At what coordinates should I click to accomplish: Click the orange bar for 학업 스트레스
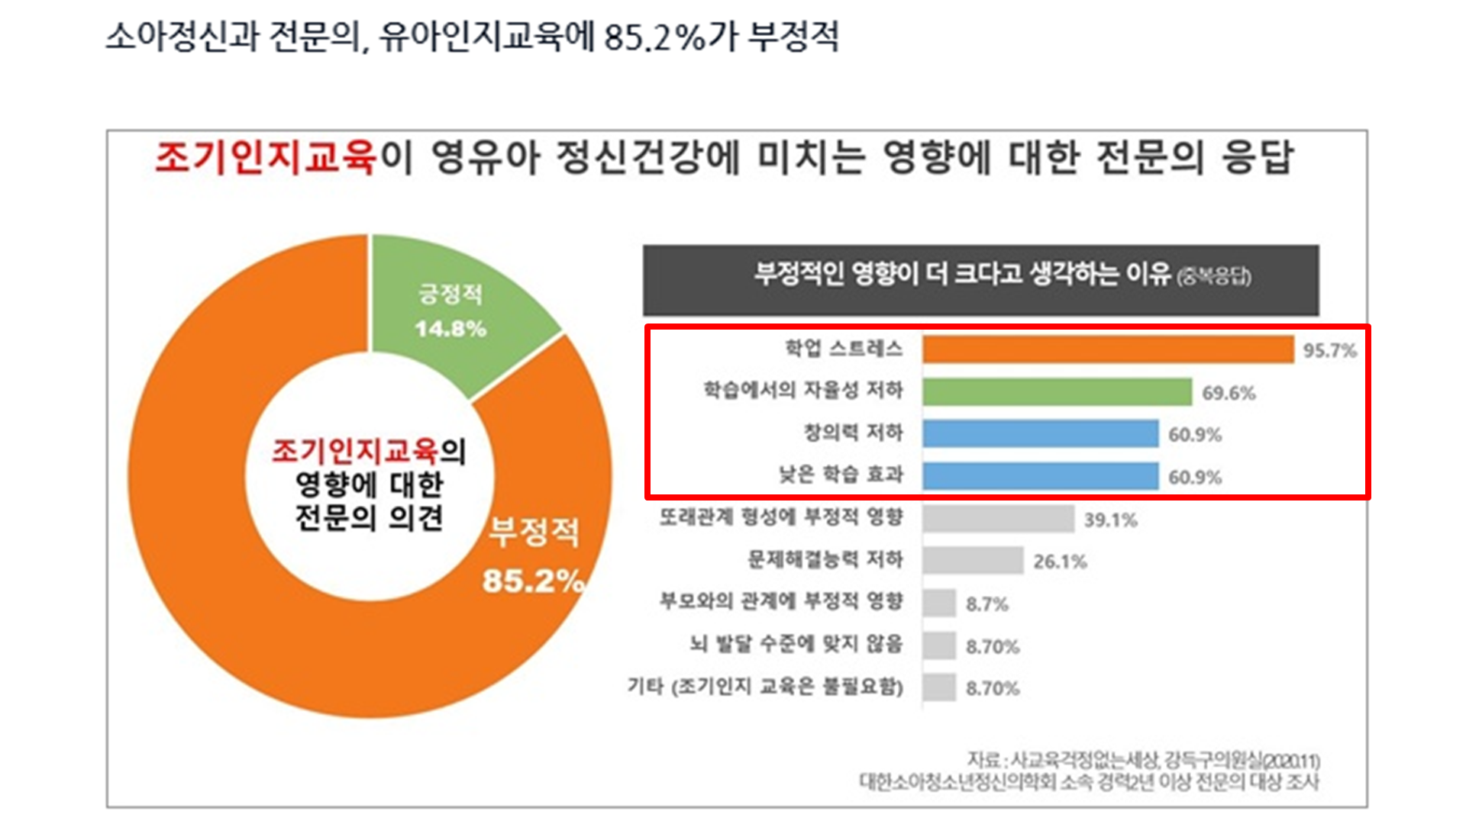(x=1107, y=349)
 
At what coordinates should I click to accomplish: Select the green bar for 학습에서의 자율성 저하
(x=1057, y=392)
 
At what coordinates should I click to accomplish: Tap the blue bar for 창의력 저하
(x=1040, y=434)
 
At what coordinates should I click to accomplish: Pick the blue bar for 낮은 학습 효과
(x=1040, y=476)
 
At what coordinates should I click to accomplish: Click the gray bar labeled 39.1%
(x=997, y=519)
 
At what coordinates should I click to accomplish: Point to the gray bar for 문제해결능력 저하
(x=972, y=561)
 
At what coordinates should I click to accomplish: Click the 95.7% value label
(x=1329, y=351)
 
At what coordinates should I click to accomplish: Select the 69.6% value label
(x=1229, y=394)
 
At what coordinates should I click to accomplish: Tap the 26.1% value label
(x=1060, y=562)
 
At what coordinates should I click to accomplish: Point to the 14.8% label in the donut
(x=450, y=329)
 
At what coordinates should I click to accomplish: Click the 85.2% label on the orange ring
(x=533, y=581)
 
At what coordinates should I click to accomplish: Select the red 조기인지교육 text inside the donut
(x=355, y=452)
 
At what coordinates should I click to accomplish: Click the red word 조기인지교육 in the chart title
(x=266, y=158)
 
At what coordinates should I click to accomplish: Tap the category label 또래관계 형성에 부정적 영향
(x=780, y=517)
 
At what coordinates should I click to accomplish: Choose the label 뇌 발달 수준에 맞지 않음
(x=796, y=644)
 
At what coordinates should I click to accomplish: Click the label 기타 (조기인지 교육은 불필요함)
(x=765, y=687)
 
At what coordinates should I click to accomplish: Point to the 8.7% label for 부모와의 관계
(x=986, y=604)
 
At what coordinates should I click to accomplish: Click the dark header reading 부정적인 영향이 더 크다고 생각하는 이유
(x=980, y=279)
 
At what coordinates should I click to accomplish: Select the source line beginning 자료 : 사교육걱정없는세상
(x=1143, y=761)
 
